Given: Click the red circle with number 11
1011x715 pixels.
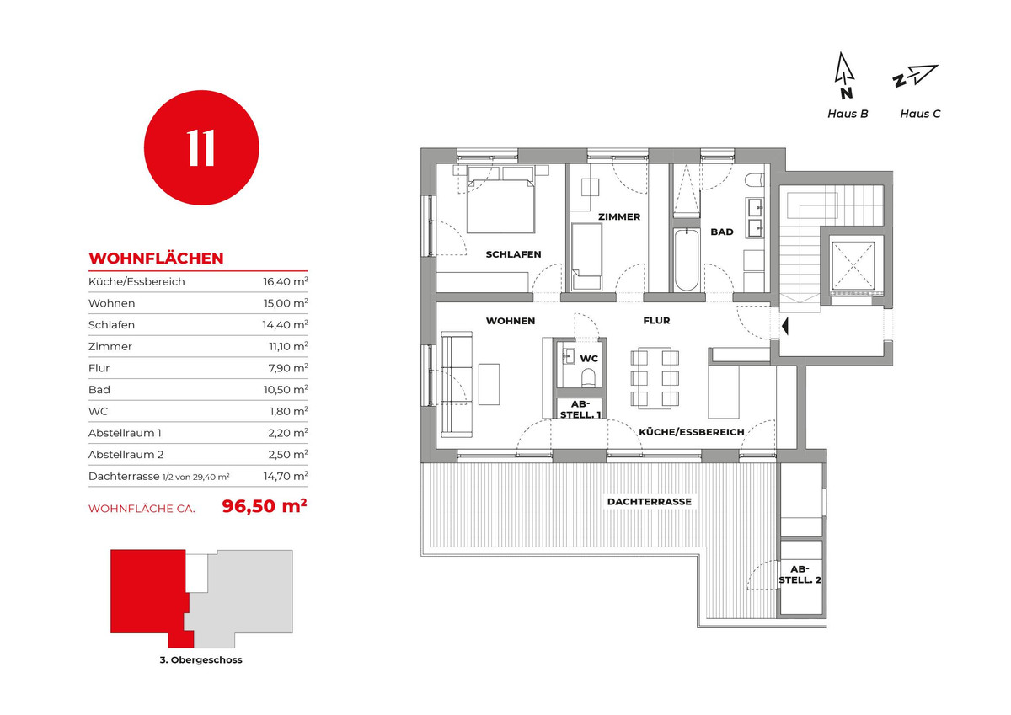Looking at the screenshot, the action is pyautogui.click(x=201, y=147).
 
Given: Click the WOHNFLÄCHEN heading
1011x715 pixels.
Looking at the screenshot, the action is pyautogui.click(x=156, y=259).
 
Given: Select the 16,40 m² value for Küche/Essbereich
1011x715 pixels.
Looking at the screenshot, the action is pyautogui.click(x=286, y=281).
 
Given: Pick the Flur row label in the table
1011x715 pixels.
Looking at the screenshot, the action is pyautogui.click(x=99, y=368).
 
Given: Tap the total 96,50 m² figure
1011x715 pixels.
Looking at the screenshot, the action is pyautogui.click(x=265, y=506).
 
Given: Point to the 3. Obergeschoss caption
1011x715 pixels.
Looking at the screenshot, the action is pyautogui.click(x=201, y=659).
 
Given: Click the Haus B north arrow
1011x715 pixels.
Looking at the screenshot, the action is pyautogui.click(x=843, y=75).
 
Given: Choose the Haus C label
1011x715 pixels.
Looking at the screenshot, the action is pyautogui.click(x=920, y=114).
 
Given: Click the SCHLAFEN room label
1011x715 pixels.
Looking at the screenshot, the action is pyautogui.click(x=513, y=254).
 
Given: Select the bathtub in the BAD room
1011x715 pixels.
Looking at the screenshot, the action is pyautogui.click(x=687, y=259).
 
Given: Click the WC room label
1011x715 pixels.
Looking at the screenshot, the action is pyautogui.click(x=589, y=359).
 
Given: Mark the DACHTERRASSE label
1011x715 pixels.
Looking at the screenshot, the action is pyautogui.click(x=649, y=502).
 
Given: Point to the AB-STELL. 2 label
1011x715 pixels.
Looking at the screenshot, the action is pyautogui.click(x=800, y=574).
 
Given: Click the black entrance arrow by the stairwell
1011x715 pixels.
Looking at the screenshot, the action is pyautogui.click(x=785, y=326).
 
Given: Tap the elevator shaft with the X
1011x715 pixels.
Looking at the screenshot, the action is pyautogui.click(x=853, y=265).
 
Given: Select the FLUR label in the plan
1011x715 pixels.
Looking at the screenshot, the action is pyautogui.click(x=656, y=321).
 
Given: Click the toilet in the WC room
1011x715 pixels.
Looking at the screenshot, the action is pyautogui.click(x=588, y=378).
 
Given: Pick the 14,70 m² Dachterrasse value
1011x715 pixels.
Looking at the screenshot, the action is pyautogui.click(x=286, y=476).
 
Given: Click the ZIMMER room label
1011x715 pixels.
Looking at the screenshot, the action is pyautogui.click(x=619, y=217).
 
